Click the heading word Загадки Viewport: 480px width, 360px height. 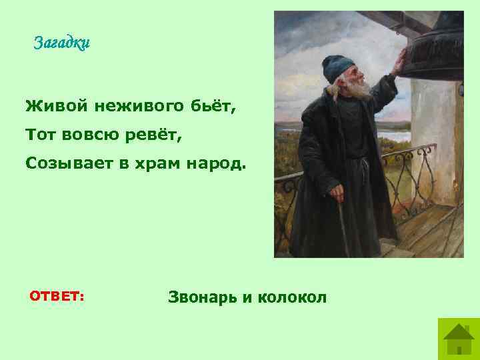tap(62, 44)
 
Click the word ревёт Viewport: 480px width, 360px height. tap(151, 135)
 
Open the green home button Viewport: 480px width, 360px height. tap(458, 338)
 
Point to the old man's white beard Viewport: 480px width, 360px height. tap(356, 90)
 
